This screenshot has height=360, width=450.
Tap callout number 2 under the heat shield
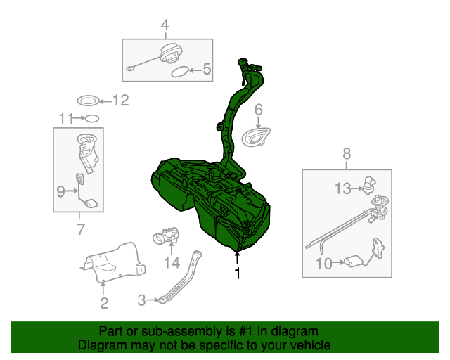[x=103, y=303]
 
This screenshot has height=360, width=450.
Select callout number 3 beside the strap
[x=141, y=300]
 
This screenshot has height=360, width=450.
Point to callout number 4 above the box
[x=165, y=27]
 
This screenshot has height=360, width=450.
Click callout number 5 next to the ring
[x=207, y=69]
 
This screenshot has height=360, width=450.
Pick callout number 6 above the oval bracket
[x=258, y=109]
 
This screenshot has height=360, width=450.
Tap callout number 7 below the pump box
[x=79, y=229]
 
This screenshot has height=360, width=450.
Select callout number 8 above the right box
[x=347, y=153]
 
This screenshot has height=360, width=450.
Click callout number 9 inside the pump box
[x=60, y=191]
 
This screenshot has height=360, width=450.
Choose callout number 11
[x=66, y=117]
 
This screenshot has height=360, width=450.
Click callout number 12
[x=121, y=101]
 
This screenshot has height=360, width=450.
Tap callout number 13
[x=342, y=188]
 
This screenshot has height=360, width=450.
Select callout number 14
[x=172, y=263]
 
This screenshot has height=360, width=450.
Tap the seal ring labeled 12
[x=86, y=101]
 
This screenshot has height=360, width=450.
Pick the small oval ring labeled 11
[x=91, y=118]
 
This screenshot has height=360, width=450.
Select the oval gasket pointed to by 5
[x=180, y=71]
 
